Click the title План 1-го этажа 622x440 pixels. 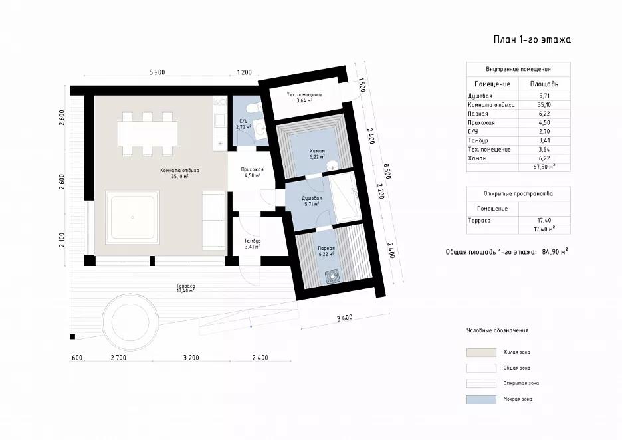[x=532, y=39]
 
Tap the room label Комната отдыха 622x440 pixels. [x=179, y=171]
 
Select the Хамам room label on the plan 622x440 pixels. [x=318, y=151]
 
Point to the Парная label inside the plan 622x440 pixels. [x=326, y=249]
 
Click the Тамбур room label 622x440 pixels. [x=253, y=241]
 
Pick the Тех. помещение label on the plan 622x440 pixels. [x=304, y=95]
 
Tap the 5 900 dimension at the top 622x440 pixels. [x=157, y=72]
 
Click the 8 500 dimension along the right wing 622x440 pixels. [x=387, y=170]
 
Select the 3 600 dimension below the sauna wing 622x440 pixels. [x=344, y=318]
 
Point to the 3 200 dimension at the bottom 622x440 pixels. [x=191, y=358]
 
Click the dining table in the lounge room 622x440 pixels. [x=147, y=134]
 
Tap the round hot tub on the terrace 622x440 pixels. [x=131, y=321]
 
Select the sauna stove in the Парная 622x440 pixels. [x=333, y=276]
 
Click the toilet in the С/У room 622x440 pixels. [x=253, y=108]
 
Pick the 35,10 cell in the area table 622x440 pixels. [x=544, y=105]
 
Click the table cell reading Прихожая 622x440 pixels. [x=481, y=122]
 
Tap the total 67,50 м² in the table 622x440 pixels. [x=544, y=167]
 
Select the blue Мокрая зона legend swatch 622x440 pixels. [x=481, y=399]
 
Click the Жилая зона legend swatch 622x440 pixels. [x=481, y=352]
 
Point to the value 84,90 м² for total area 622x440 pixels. [x=555, y=251]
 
